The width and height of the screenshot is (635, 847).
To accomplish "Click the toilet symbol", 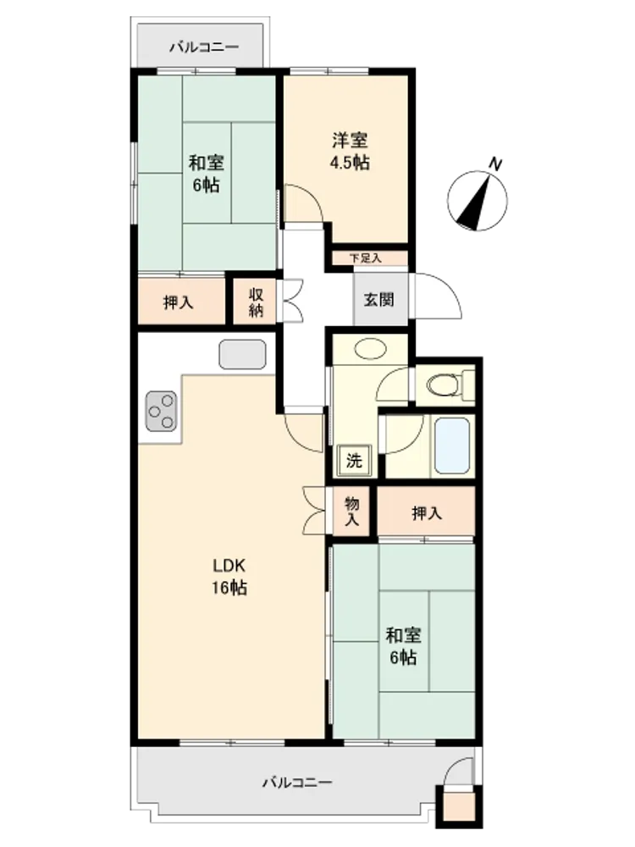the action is tap(444, 385).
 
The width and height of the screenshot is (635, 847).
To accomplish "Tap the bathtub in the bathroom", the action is tap(452, 446).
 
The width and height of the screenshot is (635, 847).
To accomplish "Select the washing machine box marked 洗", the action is tap(354, 461).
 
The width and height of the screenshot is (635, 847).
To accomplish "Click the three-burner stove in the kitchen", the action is tap(161, 411).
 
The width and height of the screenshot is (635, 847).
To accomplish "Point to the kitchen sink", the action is tap(242, 354).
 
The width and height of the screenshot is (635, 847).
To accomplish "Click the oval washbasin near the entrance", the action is tap(371, 348).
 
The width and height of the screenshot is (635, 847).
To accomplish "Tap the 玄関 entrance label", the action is tap(378, 300).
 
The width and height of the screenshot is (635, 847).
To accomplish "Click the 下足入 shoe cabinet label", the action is tap(366, 258).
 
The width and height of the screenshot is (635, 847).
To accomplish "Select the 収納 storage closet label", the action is tap(256, 302).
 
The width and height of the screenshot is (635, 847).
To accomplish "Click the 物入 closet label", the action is tap(352, 512).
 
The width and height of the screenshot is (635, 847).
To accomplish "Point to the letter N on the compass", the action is tap(495, 163).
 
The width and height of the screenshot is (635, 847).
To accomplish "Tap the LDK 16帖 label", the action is tap(229, 576).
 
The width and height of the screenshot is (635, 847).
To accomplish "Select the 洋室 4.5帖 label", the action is tap(350, 151).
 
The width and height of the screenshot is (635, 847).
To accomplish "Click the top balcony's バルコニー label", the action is tap(204, 47).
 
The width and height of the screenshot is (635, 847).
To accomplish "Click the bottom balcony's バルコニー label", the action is tap(297, 782).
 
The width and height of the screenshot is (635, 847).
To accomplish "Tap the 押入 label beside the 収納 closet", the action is tap(178, 302).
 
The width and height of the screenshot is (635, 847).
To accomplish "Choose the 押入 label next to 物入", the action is tap(427, 513).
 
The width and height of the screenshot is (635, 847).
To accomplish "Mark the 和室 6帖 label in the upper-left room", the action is tap(206, 174).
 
